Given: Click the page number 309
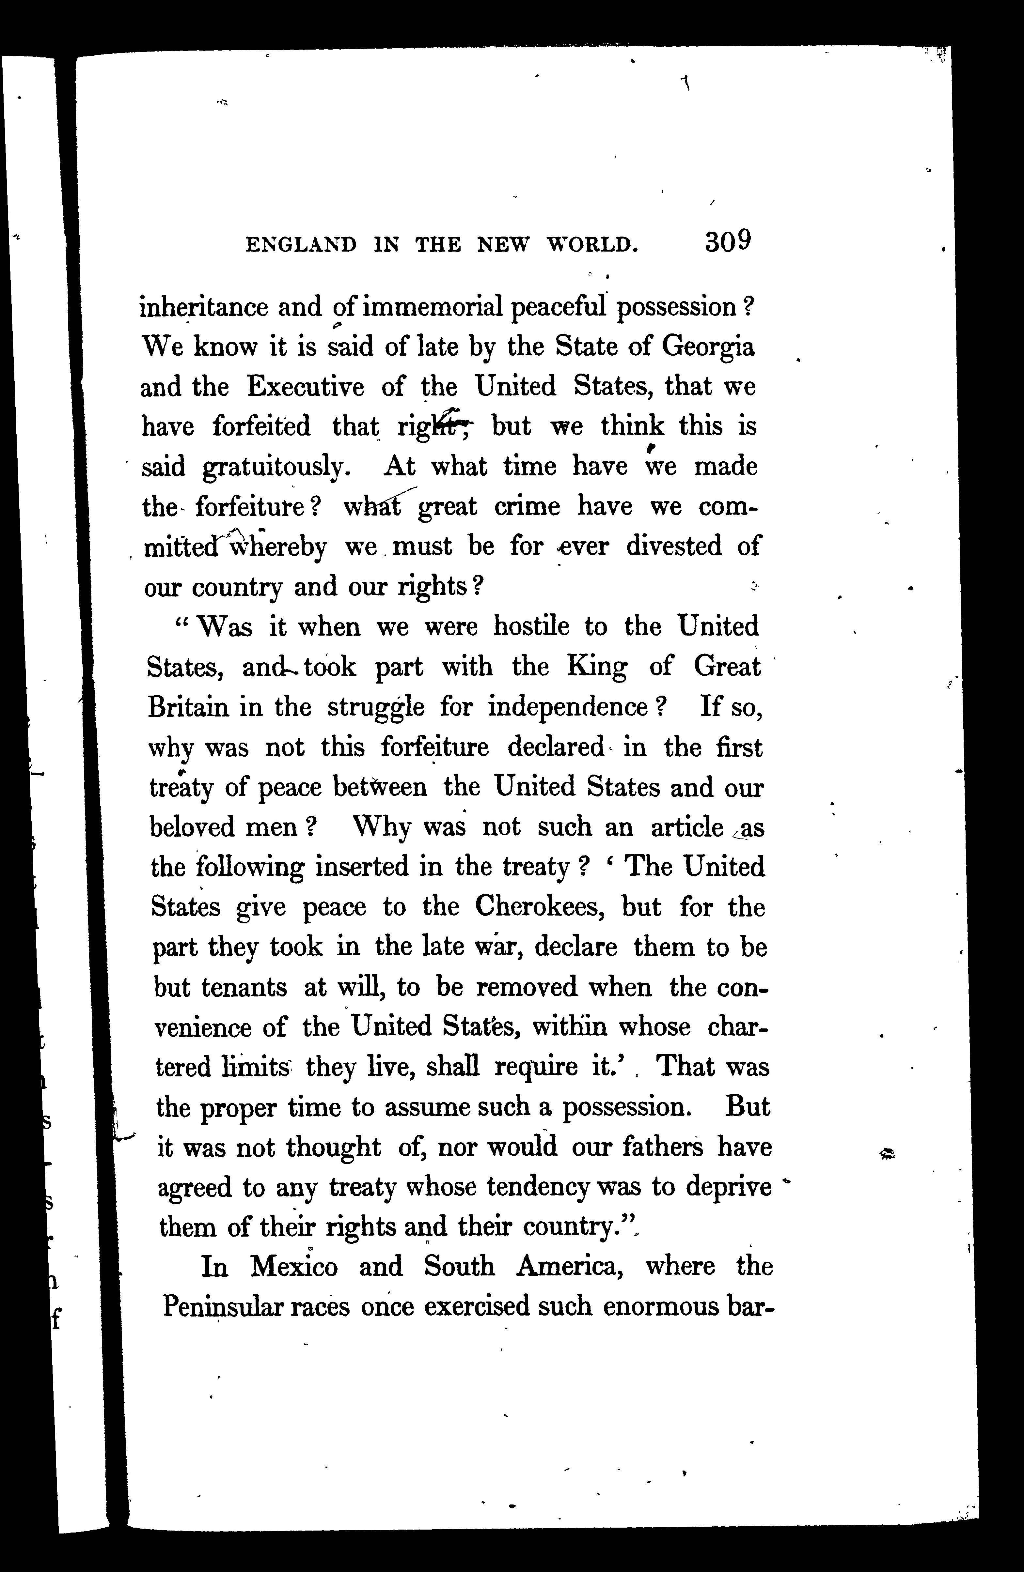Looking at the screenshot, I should pos(728,242).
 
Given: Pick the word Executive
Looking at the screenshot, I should pos(305,386).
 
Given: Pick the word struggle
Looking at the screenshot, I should pos(376,707).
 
